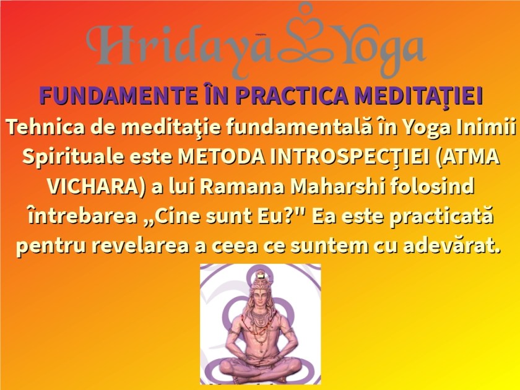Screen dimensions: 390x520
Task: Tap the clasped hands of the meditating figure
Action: point(260,361)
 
